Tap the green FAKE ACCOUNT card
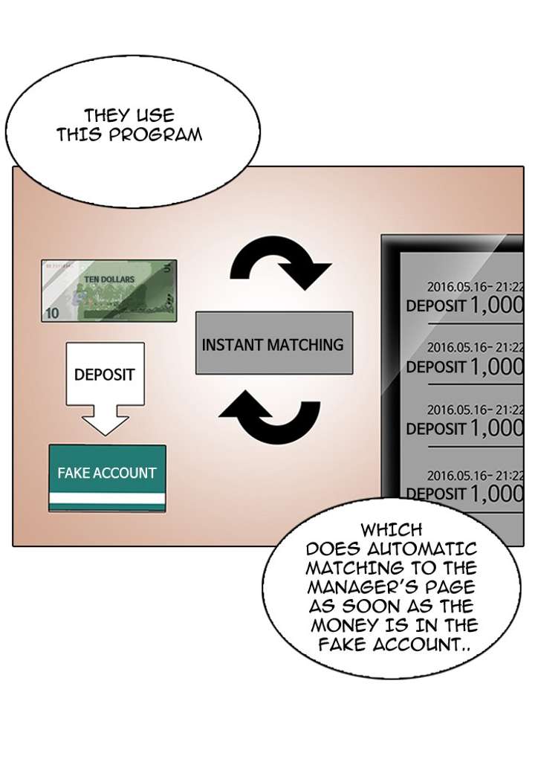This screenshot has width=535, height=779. pyautogui.click(x=107, y=477)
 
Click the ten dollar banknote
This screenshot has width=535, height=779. pyautogui.click(x=109, y=290)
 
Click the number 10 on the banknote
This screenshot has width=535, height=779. pyautogui.click(x=52, y=314)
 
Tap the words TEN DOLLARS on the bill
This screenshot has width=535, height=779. pyautogui.click(x=109, y=279)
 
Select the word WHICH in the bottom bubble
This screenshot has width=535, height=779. pyautogui.click(x=392, y=530)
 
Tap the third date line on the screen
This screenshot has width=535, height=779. pyautogui.click(x=475, y=410)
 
